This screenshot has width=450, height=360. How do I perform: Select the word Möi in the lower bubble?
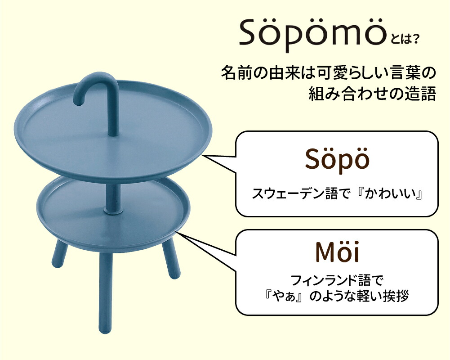[x=337, y=252]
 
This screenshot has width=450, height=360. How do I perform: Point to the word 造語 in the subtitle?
[x=423, y=94]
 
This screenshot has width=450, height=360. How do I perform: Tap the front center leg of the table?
[x=105, y=292]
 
